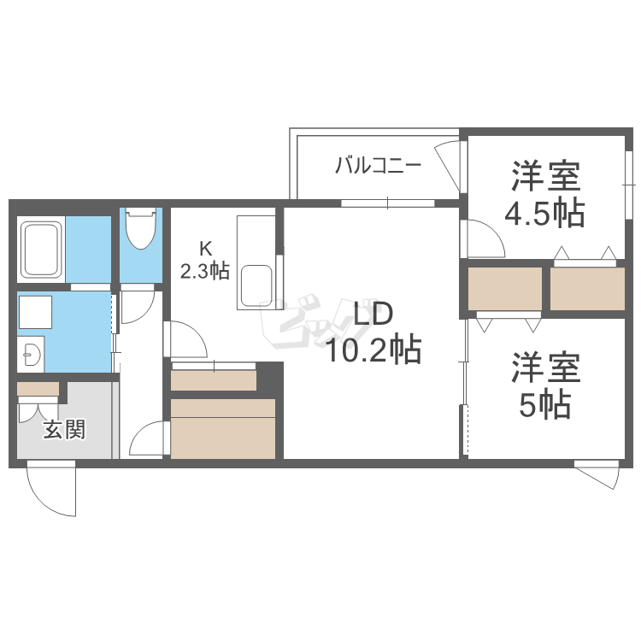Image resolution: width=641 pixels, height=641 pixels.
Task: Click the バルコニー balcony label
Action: click(x=377, y=165)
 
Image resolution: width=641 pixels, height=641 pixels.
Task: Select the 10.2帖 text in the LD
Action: click(x=373, y=349)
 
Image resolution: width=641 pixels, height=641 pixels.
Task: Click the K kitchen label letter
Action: click(x=205, y=250)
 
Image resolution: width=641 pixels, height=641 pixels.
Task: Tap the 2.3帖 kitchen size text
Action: click(x=205, y=272)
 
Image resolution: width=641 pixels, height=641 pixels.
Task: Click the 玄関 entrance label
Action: click(x=64, y=429)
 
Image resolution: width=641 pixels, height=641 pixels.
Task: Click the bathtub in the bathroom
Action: click(x=41, y=249)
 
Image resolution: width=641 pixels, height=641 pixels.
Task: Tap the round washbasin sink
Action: click(x=31, y=353)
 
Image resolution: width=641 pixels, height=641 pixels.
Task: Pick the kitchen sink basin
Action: click(x=256, y=285)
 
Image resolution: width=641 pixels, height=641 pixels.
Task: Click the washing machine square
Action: click(x=37, y=314)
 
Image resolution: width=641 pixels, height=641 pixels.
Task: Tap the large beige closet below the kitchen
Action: click(x=223, y=427)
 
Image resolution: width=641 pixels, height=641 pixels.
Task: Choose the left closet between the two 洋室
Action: click(x=505, y=289)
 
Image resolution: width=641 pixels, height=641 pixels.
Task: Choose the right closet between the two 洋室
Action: click(x=587, y=289)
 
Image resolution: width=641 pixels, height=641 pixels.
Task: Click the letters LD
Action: click(x=373, y=314)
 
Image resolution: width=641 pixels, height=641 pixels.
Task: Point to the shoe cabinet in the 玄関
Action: click(x=38, y=390)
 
